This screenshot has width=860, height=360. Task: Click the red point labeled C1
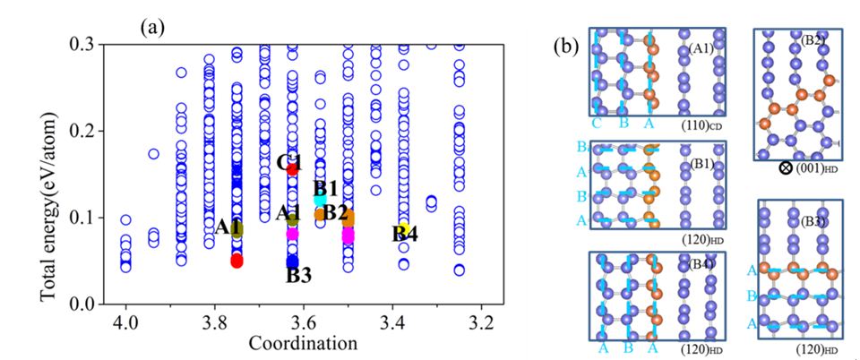292,168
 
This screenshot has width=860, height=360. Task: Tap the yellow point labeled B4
404,229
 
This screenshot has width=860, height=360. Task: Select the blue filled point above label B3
292,261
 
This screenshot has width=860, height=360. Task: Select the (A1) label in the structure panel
701,48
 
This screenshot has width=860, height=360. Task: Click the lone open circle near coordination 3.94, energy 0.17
153,154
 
